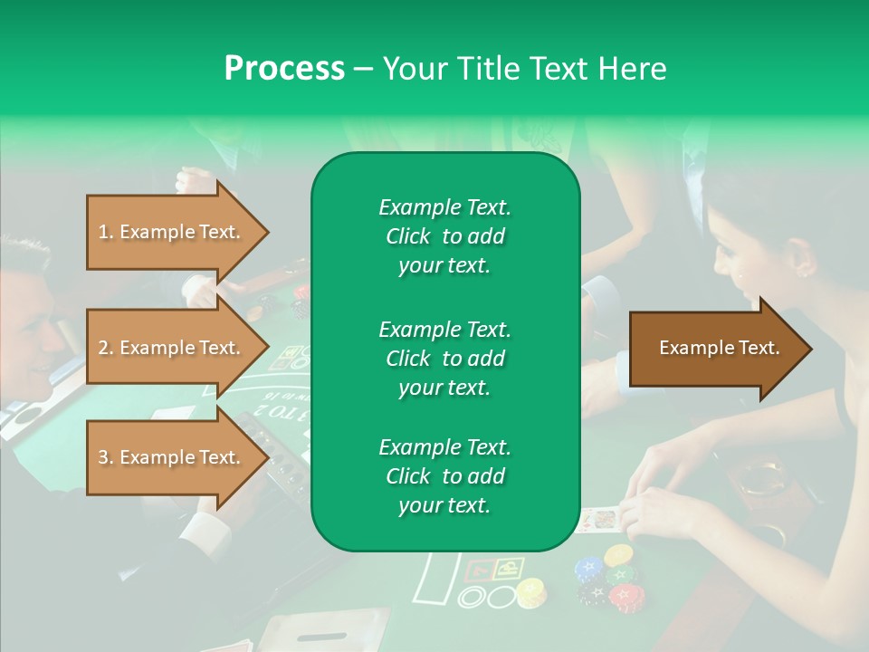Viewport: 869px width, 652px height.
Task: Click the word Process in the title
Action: (284, 69)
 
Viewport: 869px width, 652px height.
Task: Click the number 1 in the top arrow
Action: (102, 233)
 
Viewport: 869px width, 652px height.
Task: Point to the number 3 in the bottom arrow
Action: (102, 458)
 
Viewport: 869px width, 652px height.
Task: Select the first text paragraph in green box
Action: (444, 236)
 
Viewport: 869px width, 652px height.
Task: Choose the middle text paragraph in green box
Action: (444, 358)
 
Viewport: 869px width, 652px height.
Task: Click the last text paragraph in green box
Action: (444, 476)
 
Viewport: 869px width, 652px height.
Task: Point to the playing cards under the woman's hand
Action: (598, 519)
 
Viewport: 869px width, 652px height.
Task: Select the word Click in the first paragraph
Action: (408, 236)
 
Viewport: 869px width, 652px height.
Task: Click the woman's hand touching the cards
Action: (661, 507)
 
